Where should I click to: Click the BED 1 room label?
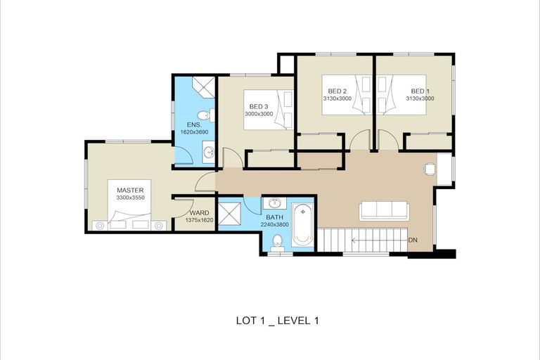point(419,91)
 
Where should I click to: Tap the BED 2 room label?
point(337,91)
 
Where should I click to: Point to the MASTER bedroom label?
point(130,190)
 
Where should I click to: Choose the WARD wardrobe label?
point(199,212)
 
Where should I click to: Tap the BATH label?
point(274,218)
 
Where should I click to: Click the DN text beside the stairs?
point(413,240)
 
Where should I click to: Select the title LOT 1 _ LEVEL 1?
point(277,321)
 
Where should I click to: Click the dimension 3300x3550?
point(130,198)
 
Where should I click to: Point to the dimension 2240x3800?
point(274,226)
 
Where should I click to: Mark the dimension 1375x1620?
point(199,220)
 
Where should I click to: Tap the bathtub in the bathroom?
point(302,225)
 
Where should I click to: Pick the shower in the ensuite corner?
point(204,87)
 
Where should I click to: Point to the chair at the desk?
point(430,168)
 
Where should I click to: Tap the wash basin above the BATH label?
point(274,204)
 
